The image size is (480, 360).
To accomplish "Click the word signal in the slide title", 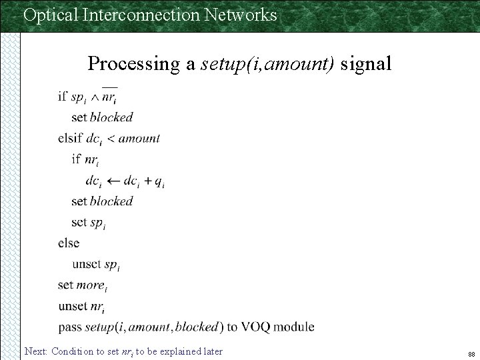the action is point(366,64).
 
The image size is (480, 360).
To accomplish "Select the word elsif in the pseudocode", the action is point(70,138).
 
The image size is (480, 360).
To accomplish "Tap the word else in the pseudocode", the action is point(69,243).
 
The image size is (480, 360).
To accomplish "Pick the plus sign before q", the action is point(149,180).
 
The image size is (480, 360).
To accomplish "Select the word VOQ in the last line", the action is point(258,327).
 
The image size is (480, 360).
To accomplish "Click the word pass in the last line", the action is point(69,327).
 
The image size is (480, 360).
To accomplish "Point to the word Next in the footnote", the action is point(35,351).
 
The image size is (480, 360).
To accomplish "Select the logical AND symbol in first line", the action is point(93,97).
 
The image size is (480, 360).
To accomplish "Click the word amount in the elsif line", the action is point(139,139).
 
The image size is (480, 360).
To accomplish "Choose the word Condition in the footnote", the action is point(73,351).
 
